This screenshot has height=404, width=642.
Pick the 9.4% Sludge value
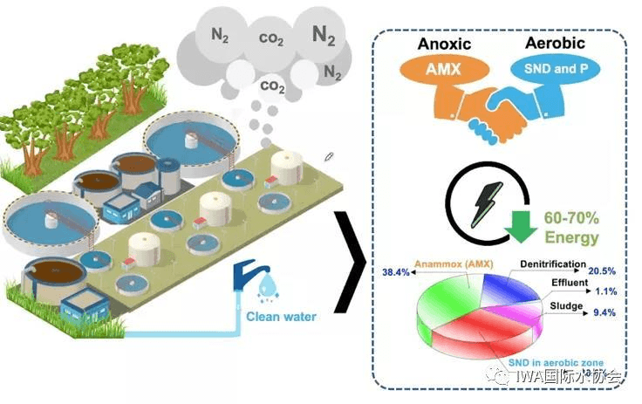click(x=603, y=312)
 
